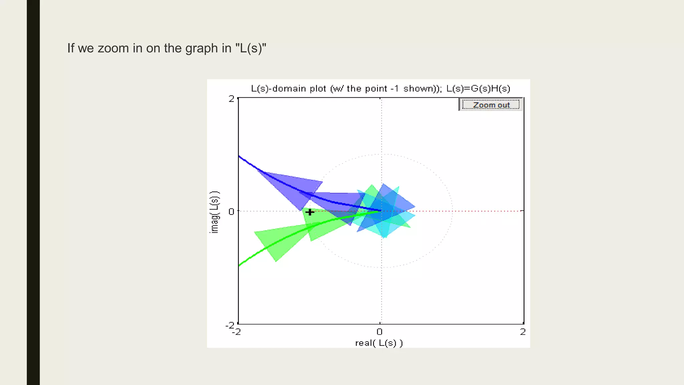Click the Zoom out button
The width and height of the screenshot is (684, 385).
[491, 105]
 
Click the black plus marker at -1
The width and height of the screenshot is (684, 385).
[310, 212]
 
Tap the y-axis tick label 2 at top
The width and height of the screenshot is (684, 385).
[231, 99]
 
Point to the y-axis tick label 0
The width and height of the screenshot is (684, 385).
[231, 212]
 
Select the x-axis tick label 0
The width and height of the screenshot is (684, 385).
[379, 332]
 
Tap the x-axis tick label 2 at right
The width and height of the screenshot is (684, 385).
[523, 332]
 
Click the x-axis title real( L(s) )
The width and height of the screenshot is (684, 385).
[379, 343]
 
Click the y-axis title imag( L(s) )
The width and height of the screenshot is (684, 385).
[214, 212]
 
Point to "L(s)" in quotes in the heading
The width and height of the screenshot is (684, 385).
[250, 48]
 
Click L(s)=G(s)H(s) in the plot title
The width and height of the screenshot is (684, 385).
[478, 89]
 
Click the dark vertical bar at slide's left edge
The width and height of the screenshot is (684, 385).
[33, 192]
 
